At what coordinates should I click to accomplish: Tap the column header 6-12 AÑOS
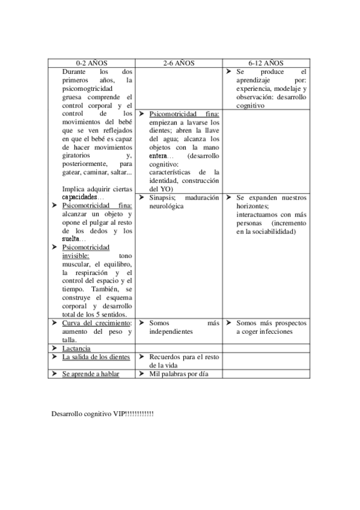[x=266, y=63]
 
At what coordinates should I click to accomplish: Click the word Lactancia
[x=77, y=348]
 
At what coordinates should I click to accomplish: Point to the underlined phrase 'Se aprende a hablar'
[x=91, y=373]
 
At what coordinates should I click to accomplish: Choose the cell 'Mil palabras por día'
[x=178, y=373]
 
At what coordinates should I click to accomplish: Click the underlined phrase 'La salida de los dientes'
[x=96, y=357]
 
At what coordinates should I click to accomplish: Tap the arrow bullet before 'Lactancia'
[x=55, y=348]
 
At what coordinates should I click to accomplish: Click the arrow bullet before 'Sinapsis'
[x=142, y=197]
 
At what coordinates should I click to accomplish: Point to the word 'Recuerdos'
[x=165, y=357]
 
